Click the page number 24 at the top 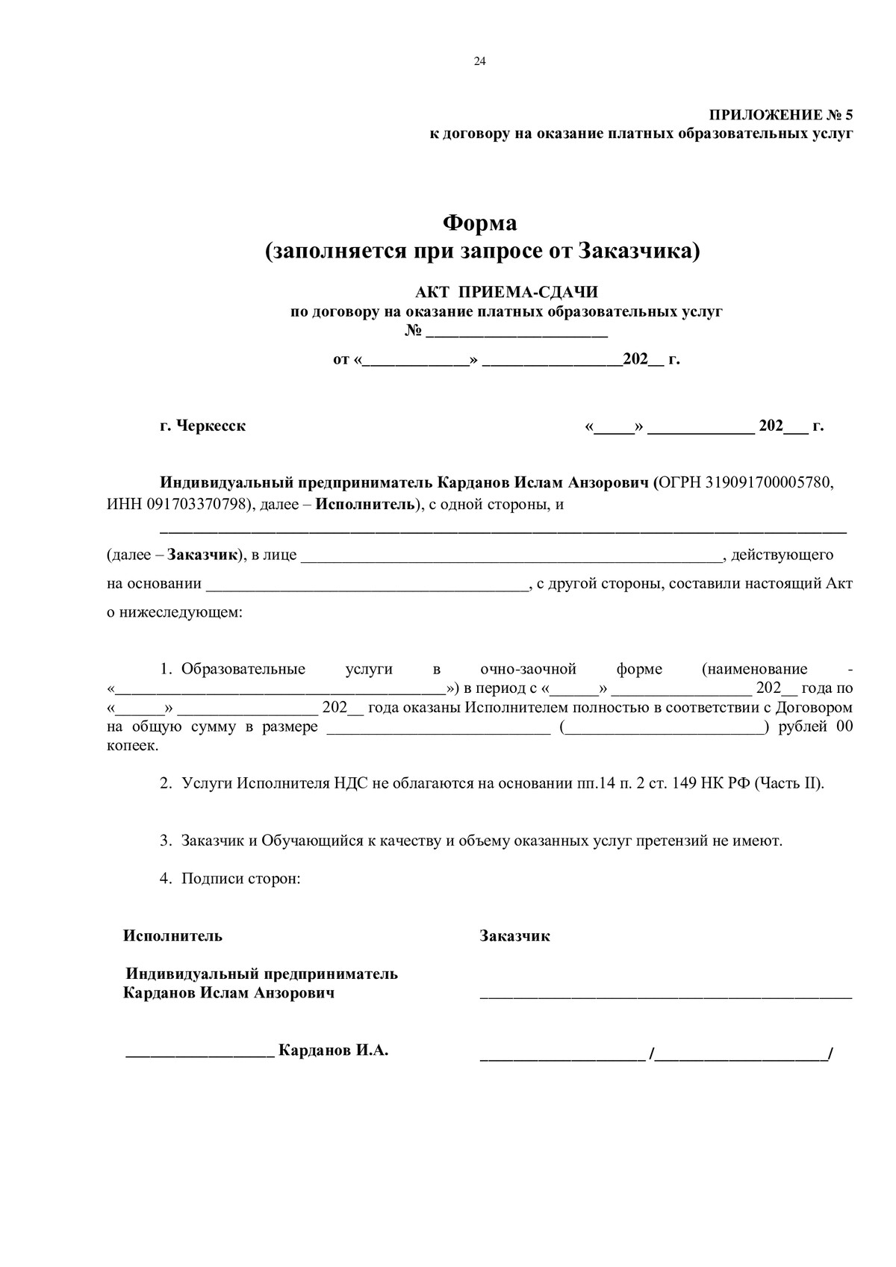tap(479, 62)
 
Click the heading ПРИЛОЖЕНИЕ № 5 tap(780, 115)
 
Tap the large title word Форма tap(480, 222)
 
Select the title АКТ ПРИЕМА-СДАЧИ tap(506, 292)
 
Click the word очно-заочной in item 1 tap(528, 669)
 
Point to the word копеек tap(132, 746)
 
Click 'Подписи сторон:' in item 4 tap(240, 878)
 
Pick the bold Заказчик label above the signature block tap(514, 936)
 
